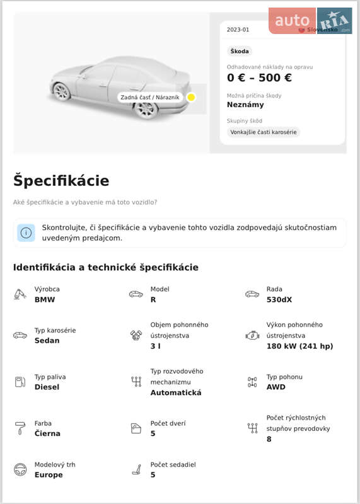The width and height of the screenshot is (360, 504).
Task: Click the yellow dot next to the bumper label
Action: (191, 98)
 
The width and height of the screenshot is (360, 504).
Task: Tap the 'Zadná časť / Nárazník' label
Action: (150, 98)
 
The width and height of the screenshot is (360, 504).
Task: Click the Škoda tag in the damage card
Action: (240, 51)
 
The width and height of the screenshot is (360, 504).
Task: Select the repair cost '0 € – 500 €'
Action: (259, 78)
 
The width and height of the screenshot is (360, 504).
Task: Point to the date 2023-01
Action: (238, 30)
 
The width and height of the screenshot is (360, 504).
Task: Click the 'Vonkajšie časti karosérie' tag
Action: (264, 132)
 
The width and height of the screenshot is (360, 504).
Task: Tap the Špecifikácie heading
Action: (61, 181)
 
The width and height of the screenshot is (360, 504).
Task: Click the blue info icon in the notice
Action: (26, 232)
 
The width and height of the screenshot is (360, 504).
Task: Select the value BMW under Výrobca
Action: (45, 300)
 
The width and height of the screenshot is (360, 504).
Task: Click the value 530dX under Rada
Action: (279, 300)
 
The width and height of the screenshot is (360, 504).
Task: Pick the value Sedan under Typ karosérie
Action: (47, 341)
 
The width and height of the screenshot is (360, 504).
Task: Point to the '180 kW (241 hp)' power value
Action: (299, 346)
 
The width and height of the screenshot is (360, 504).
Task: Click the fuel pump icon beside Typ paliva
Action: (20, 382)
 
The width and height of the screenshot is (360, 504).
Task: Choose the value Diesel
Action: (47, 387)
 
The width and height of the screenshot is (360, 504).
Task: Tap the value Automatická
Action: (176, 393)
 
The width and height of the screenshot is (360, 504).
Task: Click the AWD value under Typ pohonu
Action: (276, 387)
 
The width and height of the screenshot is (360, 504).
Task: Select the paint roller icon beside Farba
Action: (20, 428)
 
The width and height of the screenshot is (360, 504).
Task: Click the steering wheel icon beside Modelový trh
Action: (20, 469)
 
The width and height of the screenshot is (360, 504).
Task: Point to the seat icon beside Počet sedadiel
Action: (136, 469)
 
